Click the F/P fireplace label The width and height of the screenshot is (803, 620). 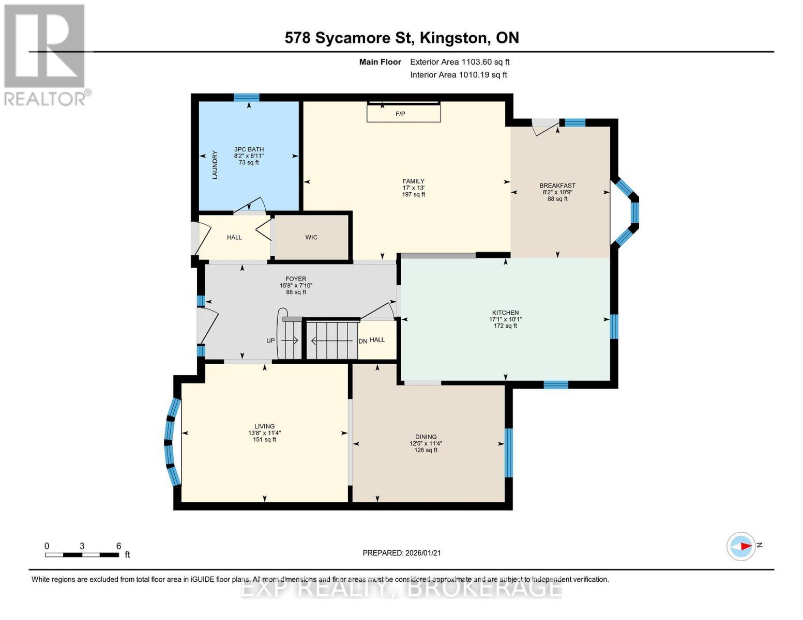[x=400, y=114]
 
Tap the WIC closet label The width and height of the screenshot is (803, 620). [x=311, y=238]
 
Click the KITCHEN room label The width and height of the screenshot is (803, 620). [x=505, y=313]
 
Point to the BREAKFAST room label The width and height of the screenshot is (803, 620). [x=557, y=185]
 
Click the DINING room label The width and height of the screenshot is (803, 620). [x=426, y=437]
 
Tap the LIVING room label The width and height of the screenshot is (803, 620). [x=264, y=426]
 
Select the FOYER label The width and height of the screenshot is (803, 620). [x=296, y=279]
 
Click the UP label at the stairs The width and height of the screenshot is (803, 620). [x=270, y=340]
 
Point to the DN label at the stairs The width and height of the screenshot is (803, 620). [x=363, y=342]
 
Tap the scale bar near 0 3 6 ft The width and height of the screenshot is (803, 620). [x=82, y=555]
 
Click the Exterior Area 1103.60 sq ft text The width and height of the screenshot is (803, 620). [x=460, y=62]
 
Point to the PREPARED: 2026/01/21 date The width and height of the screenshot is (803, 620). [x=402, y=553]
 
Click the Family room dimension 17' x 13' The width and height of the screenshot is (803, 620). [x=413, y=188]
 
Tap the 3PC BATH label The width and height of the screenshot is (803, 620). [x=249, y=149]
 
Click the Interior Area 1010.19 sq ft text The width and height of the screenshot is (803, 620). [x=459, y=75]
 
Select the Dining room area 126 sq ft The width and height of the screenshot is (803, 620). [x=426, y=450]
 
